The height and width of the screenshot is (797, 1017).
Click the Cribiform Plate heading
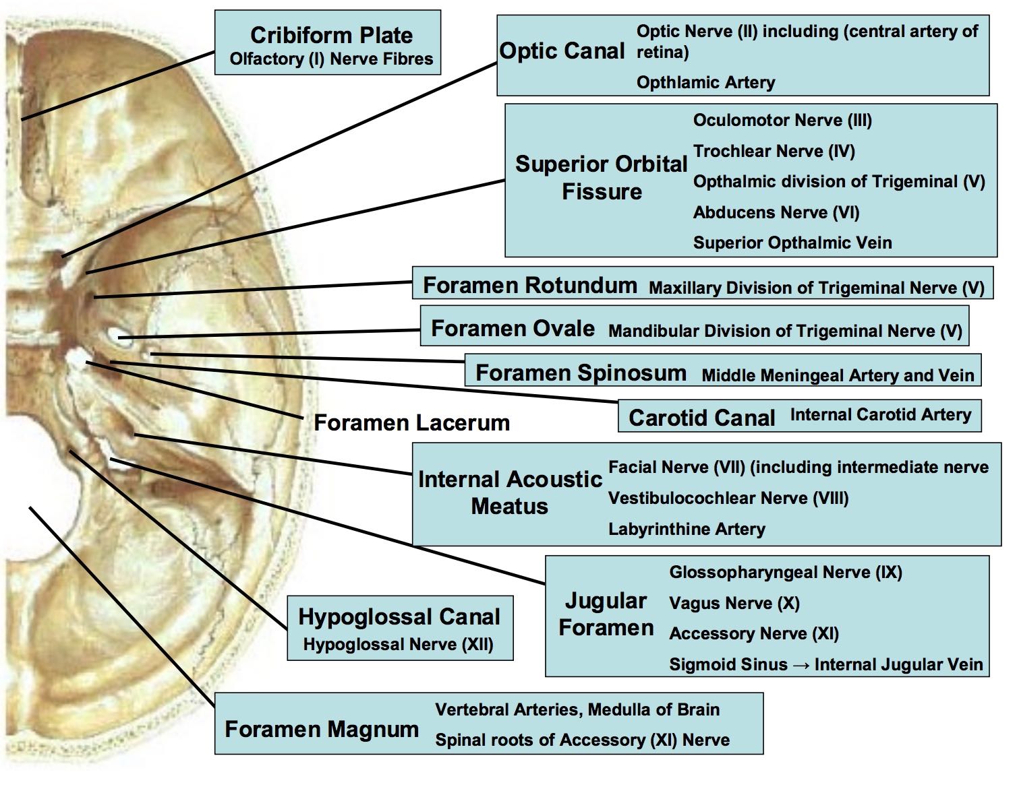pyautogui.click(x=331, y=35)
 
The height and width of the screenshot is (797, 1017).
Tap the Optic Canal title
pyautogui.click(x=562, y=51)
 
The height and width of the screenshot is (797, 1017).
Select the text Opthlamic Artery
pyautogui.click(x=706, y=82)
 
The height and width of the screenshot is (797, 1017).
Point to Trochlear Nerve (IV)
pyautogui.click(x=774, y=151)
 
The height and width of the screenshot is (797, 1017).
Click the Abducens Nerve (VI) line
pyautogui.click(x=776, y=212)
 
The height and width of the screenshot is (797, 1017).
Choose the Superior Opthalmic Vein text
pyautogui.click(x=792, y=243)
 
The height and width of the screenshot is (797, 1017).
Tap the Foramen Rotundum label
pyautogui.click(x=530, y=285)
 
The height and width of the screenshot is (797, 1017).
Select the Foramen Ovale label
pyautogui.click(x=513, y=328)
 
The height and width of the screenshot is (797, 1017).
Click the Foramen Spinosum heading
pyautogui.click(x=581, y=373)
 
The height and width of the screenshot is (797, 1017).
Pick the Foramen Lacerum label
pyautogui.click(x=412, y=422)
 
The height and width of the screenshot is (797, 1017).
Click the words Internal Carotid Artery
pyautogui.click(x=881, y=414)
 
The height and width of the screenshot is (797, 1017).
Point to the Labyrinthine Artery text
pyautogui.click(x=687, y=529)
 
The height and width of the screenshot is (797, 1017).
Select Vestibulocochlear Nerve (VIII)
pyautogui.click(x=728, y=498)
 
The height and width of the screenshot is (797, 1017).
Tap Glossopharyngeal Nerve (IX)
pyautogui.click(x=786, y=572)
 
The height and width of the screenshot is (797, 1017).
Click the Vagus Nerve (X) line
pyautogui.click(x=734, y=603)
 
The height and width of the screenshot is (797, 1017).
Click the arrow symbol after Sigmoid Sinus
pyautogui.click(x=801, y=665)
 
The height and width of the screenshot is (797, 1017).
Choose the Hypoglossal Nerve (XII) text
pyautogui.click(x=399, y=644)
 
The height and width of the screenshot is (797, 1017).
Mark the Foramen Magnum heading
pyautogui.click(x=322, y=729)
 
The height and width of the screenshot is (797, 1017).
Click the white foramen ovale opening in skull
pyautogui.click(x=120, y=337)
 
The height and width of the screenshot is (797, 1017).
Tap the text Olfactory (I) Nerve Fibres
pyautogui.click(x=331, y=59)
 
